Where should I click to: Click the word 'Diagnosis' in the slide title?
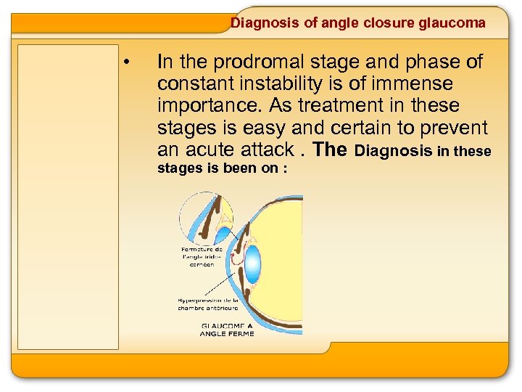coord(264,23)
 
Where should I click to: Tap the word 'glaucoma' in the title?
coord(452,23)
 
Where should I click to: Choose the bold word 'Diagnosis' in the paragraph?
coord(394,151)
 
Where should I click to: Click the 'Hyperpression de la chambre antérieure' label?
coord(210,303)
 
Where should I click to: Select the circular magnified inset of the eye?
coord(207,219)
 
